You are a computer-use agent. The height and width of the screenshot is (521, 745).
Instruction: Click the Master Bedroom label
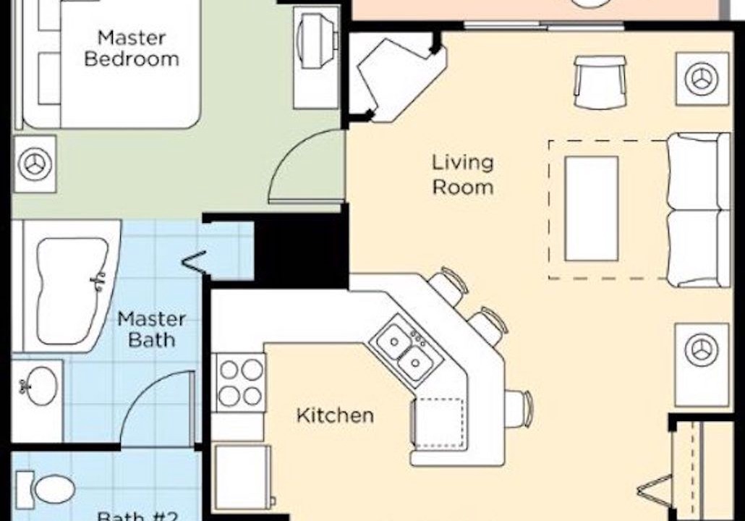tap(132, 48)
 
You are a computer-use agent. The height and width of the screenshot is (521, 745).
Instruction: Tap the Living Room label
tap(462, 174)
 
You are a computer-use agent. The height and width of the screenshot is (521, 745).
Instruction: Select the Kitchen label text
tap(335, 415)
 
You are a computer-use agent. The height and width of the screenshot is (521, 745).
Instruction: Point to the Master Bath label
tap(151, 329)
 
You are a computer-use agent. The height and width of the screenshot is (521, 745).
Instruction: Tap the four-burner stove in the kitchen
tap(240, 382)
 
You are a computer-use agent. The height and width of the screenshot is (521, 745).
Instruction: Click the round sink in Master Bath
tap(38, 386)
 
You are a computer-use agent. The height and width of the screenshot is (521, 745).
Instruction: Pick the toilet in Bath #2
tap(48, 489)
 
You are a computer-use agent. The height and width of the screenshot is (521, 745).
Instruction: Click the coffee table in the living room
tap(592, 208)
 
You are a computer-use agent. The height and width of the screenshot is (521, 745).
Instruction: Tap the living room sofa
tap(699, 210)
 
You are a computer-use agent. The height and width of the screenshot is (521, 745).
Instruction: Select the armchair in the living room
tap(600, 82)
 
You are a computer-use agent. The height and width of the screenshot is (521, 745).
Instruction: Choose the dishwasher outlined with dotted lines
tap(438, 423)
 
